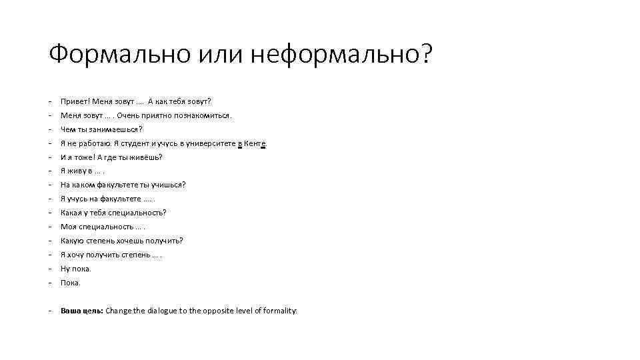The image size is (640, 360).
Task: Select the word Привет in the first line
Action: point(73,101)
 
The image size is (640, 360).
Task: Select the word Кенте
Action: point(255,143)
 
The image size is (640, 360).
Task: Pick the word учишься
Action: point(170,185)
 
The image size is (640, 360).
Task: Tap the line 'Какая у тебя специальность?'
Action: point(113,213)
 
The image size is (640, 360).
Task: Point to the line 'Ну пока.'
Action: point(75,269)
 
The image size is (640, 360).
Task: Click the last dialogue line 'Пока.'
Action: point(70,283)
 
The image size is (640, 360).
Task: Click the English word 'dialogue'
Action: point(153,311)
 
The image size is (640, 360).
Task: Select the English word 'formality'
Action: point(280,311)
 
